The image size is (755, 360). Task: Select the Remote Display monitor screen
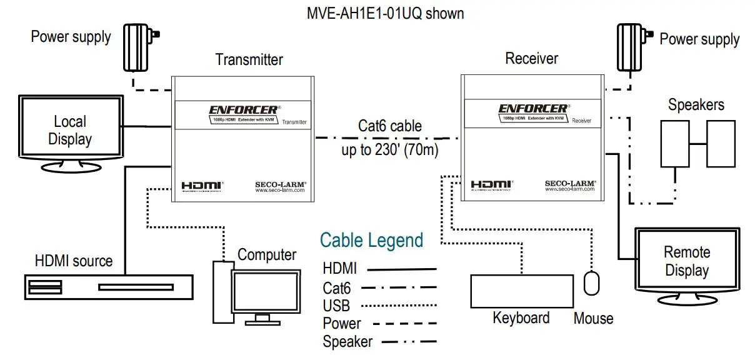coord(686,261)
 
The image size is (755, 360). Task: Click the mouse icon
coord(591,282)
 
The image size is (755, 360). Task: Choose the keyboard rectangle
coord(521,291)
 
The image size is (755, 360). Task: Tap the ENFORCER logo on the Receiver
coord(533,109)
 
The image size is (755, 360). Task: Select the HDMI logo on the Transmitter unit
coord(202,186)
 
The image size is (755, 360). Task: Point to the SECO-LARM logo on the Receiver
coord(570,184)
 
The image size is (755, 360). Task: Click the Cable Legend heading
coord(371,240)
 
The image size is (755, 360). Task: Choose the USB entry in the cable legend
coord(336,306)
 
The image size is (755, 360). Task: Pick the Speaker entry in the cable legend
coord(347,341)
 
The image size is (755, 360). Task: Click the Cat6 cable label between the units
coord(389,126)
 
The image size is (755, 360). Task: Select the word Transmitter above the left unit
coord(249,59)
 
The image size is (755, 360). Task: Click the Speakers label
coord(696,104)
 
